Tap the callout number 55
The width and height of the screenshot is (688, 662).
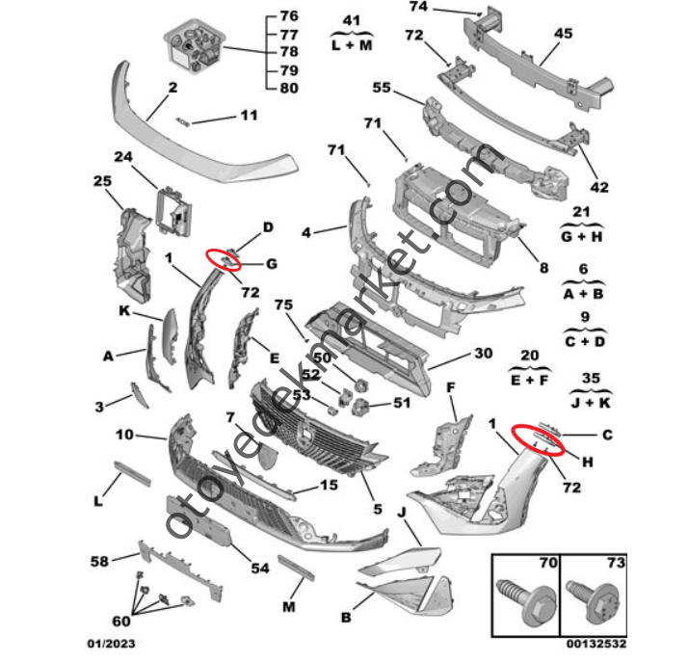(382, 87)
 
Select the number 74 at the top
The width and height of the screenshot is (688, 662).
(417, 7)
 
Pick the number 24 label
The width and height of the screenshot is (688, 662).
(122, 157)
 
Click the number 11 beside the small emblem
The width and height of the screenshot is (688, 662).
(249, 116)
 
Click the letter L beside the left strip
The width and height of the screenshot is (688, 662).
(97, 502)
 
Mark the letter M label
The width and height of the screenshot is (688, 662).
(289, 606)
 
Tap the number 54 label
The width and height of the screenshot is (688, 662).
(259, 569)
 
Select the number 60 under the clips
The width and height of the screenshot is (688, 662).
(122, 620)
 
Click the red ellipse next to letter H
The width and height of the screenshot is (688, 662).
(540, 437)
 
